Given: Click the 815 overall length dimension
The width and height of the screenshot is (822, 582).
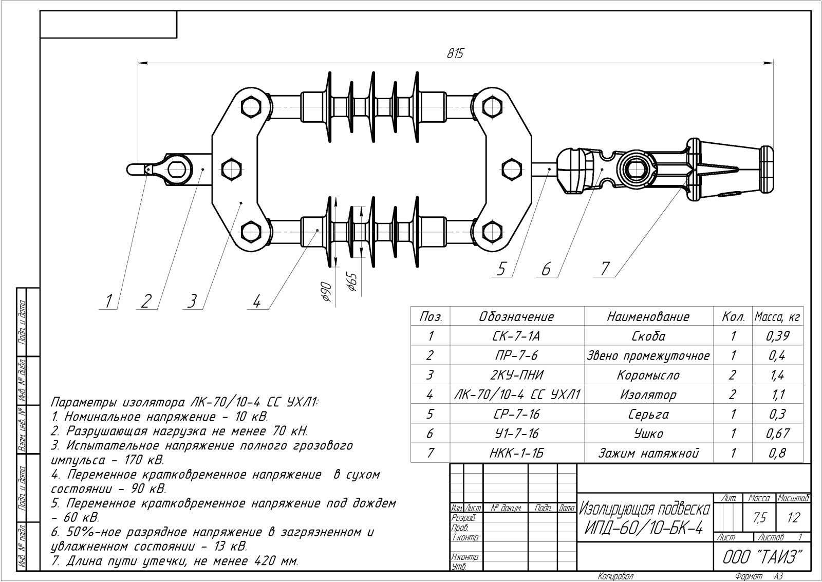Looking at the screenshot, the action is click(455, 53).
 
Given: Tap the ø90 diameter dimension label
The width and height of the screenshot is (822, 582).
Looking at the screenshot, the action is click(326, 292).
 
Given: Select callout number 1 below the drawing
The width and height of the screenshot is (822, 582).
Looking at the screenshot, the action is click(108, 302).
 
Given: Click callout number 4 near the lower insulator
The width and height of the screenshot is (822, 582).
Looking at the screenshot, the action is click(257, 302).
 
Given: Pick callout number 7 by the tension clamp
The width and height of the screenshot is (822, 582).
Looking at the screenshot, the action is click(605, 269).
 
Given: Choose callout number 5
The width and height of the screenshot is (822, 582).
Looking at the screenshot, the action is click(501, 269).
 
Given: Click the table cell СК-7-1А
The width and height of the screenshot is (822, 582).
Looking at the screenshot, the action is click(516, 336).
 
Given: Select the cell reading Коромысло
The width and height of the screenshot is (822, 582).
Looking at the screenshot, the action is click(648, 375).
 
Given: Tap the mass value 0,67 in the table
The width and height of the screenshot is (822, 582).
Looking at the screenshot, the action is click(778, 434).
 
